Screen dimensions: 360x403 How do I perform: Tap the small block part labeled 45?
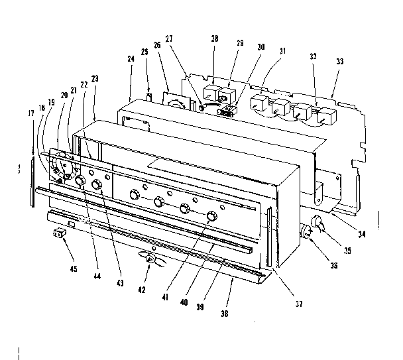[x=59, y=233]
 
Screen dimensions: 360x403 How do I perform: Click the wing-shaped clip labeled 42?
[x=149, y=259]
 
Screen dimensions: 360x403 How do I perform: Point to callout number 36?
[x=333, y=265]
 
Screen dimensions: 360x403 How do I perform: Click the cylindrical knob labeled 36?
[x=308, y=232]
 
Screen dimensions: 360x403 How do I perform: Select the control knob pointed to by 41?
[x=212, y=216]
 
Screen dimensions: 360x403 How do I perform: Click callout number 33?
[x=339, y=61]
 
